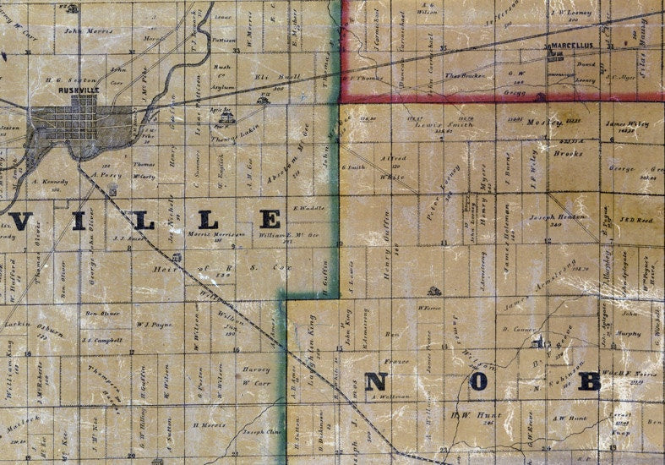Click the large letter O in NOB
(478, 381)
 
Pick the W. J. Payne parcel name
(153, 323)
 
